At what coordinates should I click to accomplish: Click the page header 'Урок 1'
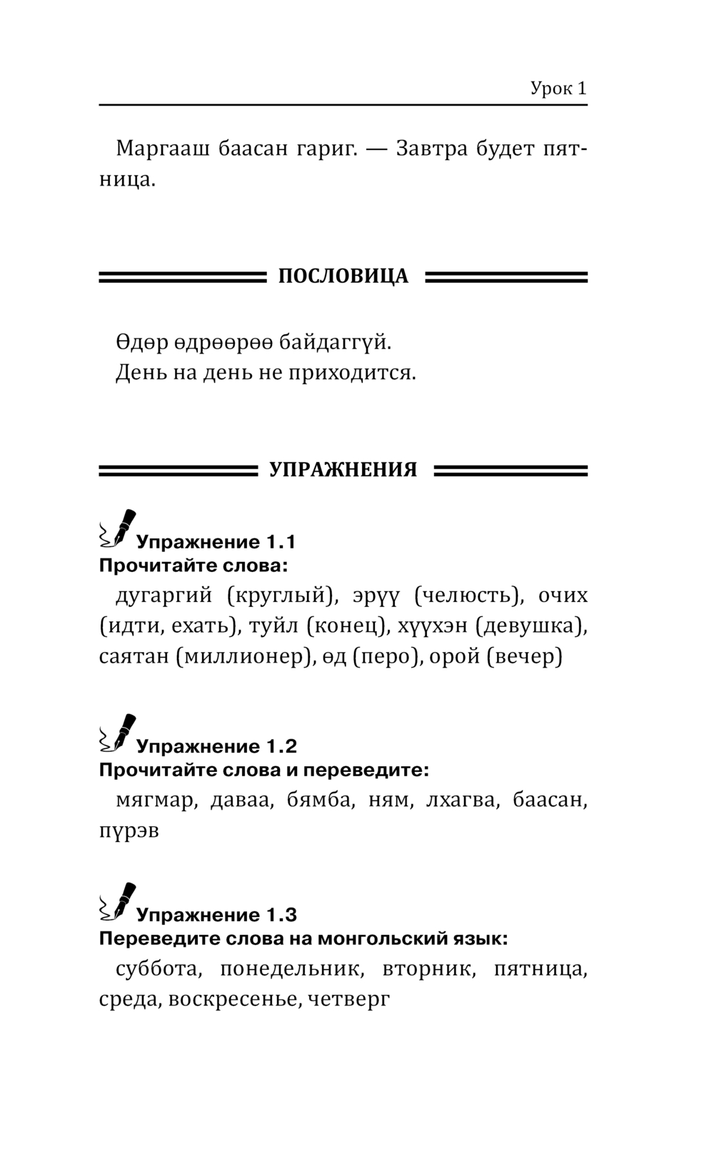click(x=558, y=89)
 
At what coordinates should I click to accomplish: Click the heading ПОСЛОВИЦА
click(x=343, y=276)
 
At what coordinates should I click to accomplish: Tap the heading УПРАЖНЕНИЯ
click(x=343, y=470)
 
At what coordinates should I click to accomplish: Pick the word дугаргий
click(x=164, y=596)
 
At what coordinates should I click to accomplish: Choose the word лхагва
click(x=461, y=801)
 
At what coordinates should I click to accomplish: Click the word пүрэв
click(x=129, y=831)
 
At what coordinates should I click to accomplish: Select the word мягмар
click(x=155, y=801)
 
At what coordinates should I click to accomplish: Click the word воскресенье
click(x=231, y=999)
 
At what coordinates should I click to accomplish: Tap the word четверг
click(x=349, y=999)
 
